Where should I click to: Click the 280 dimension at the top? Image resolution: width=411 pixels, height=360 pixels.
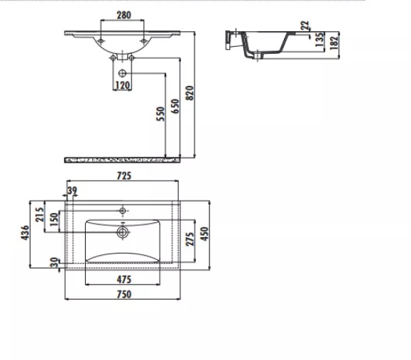pos(124,15)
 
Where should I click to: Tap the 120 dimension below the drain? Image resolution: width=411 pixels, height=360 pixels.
pos(122,85)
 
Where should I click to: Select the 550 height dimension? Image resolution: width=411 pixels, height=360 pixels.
pos(160,114)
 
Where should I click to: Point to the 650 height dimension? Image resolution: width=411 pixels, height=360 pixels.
pos(175,107)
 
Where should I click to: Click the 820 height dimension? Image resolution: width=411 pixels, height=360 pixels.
pos(190,93)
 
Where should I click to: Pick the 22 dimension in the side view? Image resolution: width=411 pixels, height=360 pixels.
pos(305,26)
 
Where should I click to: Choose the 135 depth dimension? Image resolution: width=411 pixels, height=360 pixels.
pos(319,40)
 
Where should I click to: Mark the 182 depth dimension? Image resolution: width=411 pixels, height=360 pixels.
pos(334,43)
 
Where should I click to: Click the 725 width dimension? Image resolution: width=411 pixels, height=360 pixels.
pos(124,175)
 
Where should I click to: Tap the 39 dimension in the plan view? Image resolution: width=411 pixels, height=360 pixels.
pos(72,190)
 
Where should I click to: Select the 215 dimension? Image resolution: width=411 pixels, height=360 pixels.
pos(40,214)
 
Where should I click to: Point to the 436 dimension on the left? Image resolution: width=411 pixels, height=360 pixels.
pos(25,232)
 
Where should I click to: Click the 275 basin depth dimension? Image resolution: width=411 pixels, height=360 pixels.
pos(190,239)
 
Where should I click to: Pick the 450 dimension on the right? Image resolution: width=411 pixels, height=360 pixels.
pos(204,234)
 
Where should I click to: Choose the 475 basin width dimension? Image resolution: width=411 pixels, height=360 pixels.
pos(124,280)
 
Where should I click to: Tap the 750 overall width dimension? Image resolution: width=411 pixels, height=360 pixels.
pos(124,294)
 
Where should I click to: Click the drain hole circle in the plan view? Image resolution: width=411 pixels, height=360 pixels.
pos(122,232)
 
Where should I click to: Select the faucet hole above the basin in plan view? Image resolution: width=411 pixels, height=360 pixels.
pos(122,211)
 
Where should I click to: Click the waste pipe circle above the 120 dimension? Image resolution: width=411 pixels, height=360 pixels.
pos(122,73)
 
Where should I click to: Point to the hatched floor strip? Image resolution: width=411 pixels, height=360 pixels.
pos(122,160)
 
